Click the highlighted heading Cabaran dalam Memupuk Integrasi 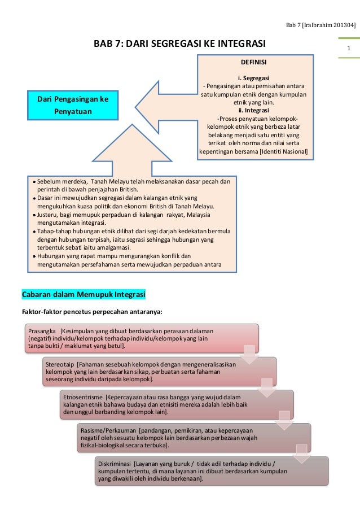(x=84, y=295)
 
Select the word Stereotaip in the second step (x=60, y=363)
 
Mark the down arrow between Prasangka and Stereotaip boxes (x=248, y=354)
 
